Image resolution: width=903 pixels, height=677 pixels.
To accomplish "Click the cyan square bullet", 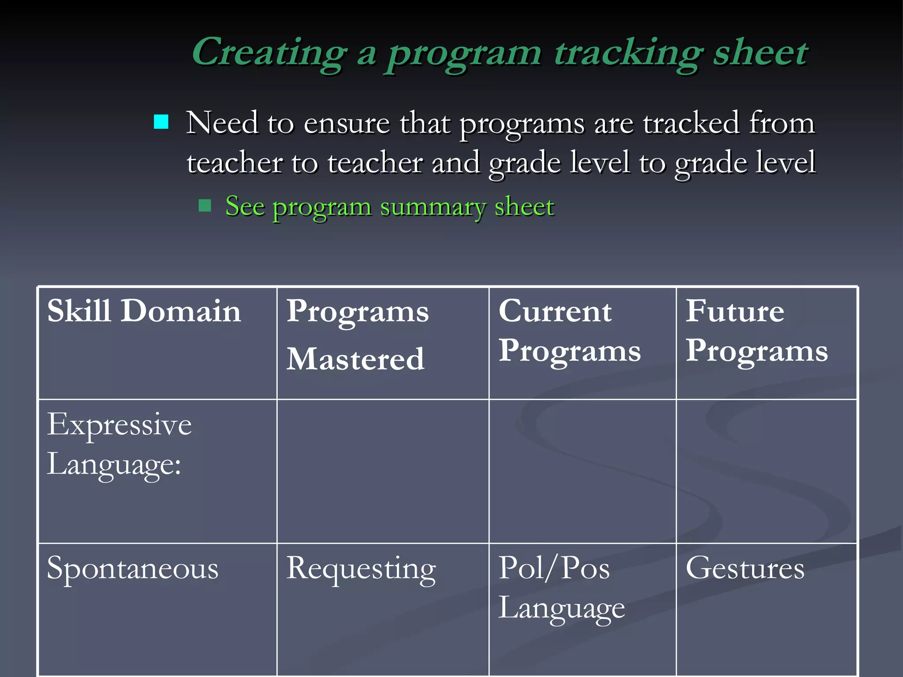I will [161, 122].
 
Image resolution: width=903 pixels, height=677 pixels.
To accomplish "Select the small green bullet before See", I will [205, 205].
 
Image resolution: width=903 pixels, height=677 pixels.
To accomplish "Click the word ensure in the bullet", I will [347, 123].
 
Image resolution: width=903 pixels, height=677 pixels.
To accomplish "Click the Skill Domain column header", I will [144, 311].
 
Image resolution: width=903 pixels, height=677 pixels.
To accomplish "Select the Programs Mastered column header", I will [357, 335].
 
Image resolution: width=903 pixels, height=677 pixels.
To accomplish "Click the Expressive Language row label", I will [119, 444].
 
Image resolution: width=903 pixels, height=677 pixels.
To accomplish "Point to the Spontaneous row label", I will [132, 569].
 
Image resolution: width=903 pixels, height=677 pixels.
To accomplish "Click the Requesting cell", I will [361, 569].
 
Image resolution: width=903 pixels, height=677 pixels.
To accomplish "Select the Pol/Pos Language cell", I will [561, 588].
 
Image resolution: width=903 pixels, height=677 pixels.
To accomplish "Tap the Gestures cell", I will [745, 568].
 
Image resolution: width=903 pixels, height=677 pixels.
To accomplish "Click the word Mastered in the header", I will [355, 359].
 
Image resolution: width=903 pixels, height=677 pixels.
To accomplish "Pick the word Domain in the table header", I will [181, 311].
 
